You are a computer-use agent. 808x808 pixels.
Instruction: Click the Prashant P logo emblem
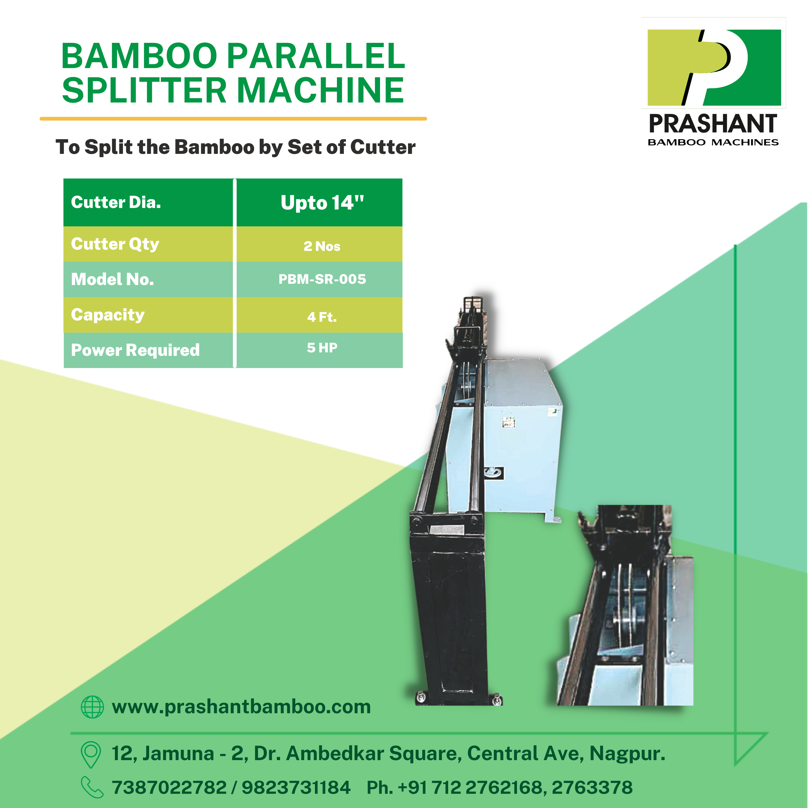pyautogui.click(x=714, y=67)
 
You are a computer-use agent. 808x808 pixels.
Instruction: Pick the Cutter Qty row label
pyautogui.click(x=115, y=244)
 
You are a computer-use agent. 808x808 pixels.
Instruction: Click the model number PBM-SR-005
pyautogui.click(x=322, y=279)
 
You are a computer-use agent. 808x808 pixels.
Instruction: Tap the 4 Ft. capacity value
pyautogui.click(x=322, y=317)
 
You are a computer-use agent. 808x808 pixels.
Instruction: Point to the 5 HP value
pyautogui.click(x=322, y=348)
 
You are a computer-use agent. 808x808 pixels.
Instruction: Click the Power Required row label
pyautogui.click(x=135, y=350)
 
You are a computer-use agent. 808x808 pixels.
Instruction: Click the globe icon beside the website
pyautogui.click(x=92, y=707)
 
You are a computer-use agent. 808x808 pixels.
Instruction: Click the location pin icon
pyautogui.click(x=91, y=754)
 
